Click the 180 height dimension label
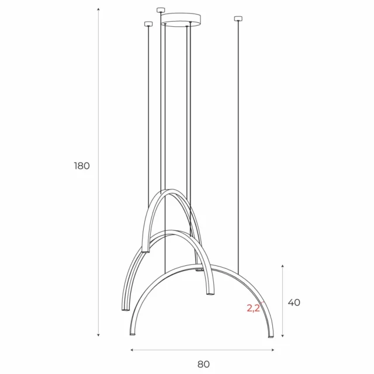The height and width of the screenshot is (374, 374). click(x=82, y=166)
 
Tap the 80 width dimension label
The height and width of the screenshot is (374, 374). click(x=203, y=364)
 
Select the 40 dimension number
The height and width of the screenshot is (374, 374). click(x=294, y=303)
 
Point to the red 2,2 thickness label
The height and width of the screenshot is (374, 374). click(x=254, y=308)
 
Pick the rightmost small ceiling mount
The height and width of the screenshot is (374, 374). click(x=238, y=19)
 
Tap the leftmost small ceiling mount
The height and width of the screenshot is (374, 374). click(x=147, y=24)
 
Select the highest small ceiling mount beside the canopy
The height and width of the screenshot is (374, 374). click(x=161, y=9)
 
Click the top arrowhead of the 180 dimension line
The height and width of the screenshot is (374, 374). click(x=98, y=12)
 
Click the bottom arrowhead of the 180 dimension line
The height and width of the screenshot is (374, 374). click(x=98, y=336)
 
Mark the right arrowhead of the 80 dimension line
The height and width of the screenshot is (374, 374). click(x=273, y=350)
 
